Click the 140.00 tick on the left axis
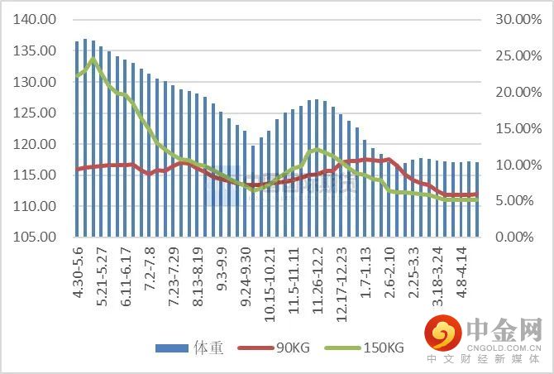tap(38, 20)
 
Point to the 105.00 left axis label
tap(38, 237)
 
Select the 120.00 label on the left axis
tap(38, 144)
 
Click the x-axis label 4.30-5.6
tap(78, 271)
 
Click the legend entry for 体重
tap(189, 348)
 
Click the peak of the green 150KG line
tap(93, 60)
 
